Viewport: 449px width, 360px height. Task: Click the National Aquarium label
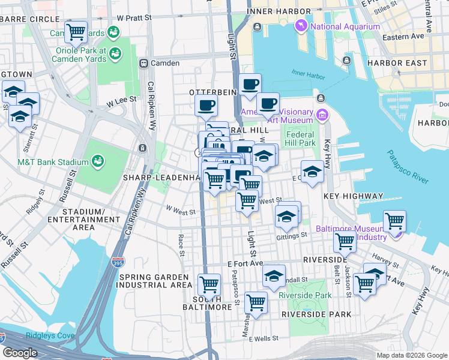(x=345, y=26)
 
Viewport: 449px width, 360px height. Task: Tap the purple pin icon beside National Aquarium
(x=301, y=26)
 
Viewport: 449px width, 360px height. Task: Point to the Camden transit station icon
(x=143, y=63)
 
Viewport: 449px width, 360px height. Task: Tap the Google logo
(x=20, y=353)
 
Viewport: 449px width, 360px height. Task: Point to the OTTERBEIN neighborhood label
(x=211, y=92)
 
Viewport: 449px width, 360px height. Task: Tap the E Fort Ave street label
(x=246, y=263)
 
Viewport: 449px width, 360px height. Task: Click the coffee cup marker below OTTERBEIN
(x=206, y=106)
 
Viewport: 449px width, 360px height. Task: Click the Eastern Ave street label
(x=406, y=37)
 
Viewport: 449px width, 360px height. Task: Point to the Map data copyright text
(x=411, y=355)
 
